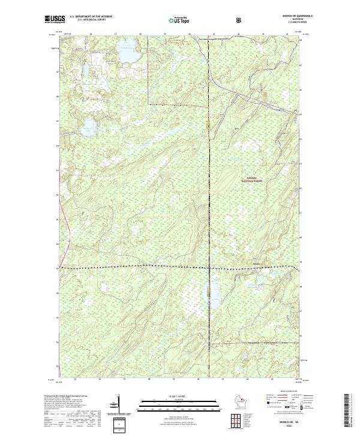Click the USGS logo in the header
coord(55,19)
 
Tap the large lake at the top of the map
coord(128,55)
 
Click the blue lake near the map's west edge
coord(88,126)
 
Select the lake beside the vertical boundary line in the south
coord(214,300)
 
